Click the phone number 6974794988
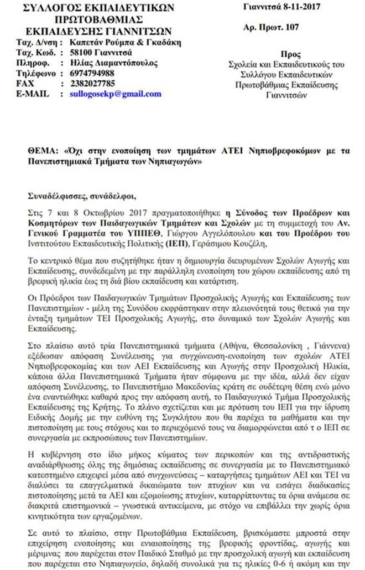92,73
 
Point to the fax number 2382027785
92,84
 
